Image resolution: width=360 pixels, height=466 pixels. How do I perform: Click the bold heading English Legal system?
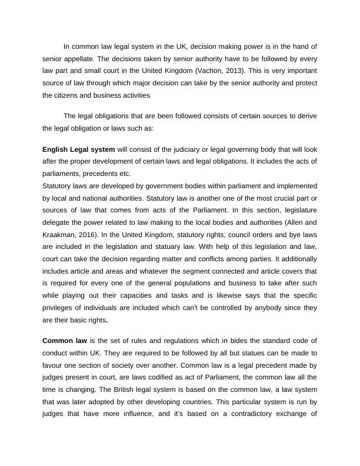click(x=79, y=150)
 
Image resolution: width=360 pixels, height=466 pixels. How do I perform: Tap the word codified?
click(x=175, y=377)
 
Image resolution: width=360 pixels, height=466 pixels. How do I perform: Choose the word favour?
click(x=53, y=365)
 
